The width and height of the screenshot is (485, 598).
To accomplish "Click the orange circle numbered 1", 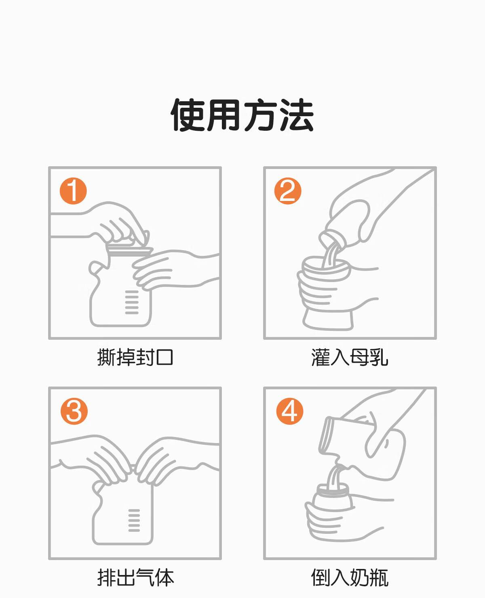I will [x=73, y=191].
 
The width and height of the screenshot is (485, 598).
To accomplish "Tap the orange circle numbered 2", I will [x=288, y=191].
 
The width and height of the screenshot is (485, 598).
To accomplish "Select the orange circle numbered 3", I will [x=74, y=411].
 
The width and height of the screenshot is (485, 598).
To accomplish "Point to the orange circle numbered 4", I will [x=289, y=411].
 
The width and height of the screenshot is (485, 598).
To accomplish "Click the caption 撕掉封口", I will [x=135, y=358].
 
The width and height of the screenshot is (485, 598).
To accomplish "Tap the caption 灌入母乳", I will [x=350, y=358].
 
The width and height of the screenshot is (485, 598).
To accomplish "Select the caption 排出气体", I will [x=135, y=577].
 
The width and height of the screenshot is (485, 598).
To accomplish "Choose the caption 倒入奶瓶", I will [x=350, y=577].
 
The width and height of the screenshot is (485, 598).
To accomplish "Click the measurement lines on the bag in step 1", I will [x=132, y=302].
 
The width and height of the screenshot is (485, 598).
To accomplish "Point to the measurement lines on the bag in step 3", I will [x=134, y=521].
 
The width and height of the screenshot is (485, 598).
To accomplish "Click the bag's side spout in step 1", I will [x=96, y=268].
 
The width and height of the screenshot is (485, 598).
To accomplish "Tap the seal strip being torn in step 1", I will [x=129, y=251].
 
